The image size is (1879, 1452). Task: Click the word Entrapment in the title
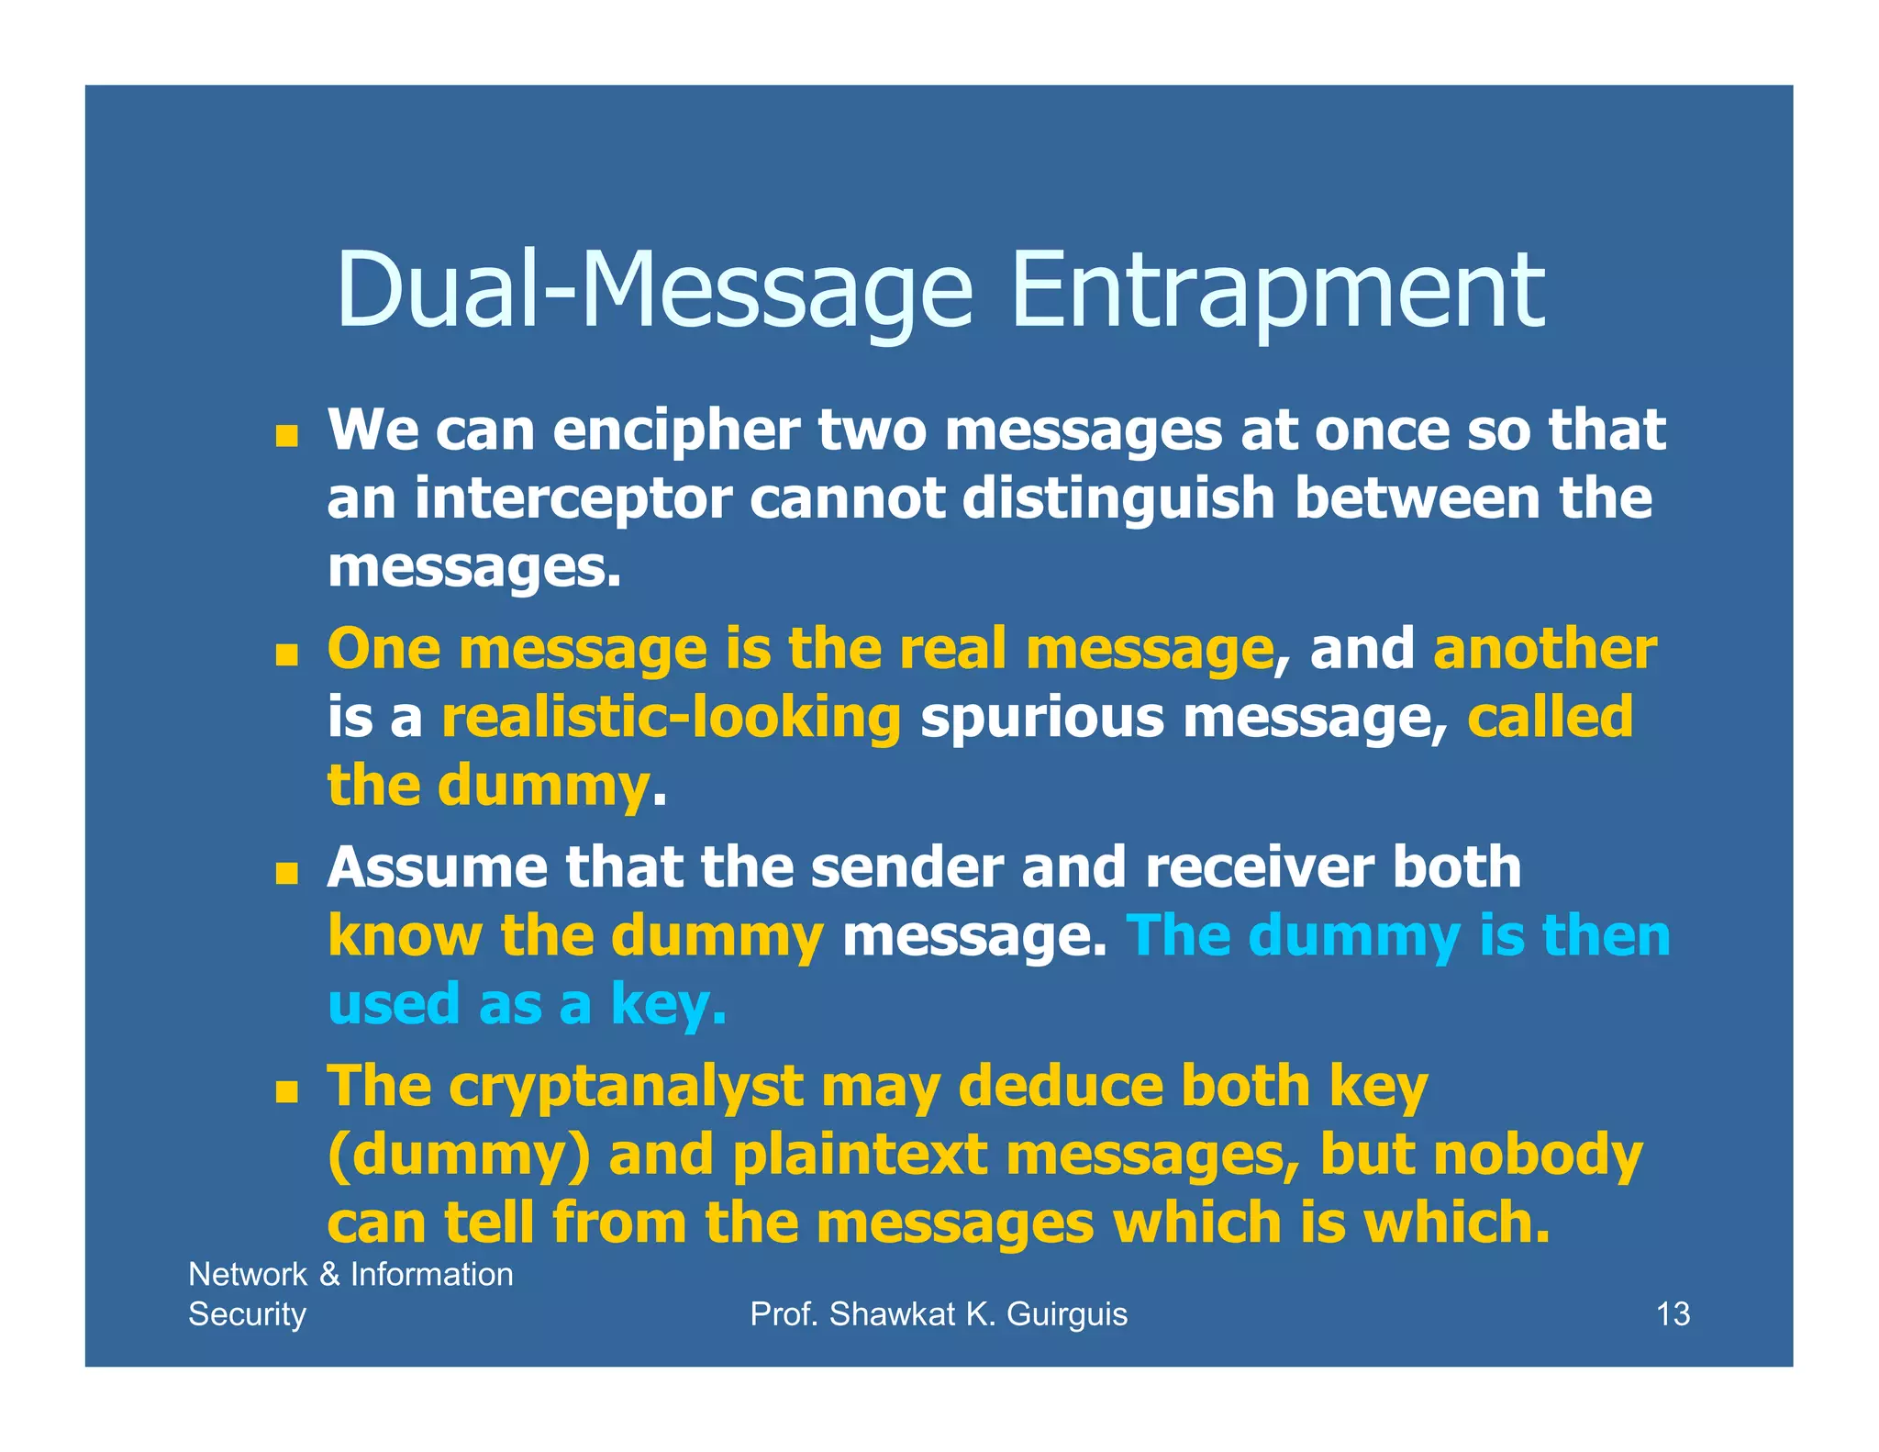(1277, 291)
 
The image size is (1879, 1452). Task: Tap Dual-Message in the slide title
(654, 291)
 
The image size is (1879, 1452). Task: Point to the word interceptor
(573, 498)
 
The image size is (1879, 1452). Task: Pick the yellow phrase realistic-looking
(672, 717)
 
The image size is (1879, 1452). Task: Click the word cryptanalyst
(626, 1087)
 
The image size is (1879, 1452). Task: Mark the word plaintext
(860, 1155)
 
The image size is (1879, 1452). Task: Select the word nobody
(1538, 1155)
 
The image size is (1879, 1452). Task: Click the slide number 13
(1673, 1314)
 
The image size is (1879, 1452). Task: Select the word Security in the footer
(247, 1314)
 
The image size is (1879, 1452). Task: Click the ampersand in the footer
(329, 1275)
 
